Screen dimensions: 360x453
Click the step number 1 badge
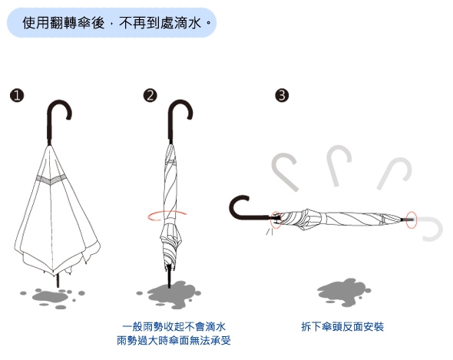[x=16, y=95]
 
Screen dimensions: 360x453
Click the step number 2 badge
[x=150, y=95]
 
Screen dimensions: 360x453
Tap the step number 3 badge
[x=282, y=95]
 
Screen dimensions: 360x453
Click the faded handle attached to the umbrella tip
[x=431, y=229]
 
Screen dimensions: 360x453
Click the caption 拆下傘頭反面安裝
[x=342, y=327]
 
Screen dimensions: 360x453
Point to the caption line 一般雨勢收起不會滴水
[x=174, y=327]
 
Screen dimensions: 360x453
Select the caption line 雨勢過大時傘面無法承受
[x=174, y=341]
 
